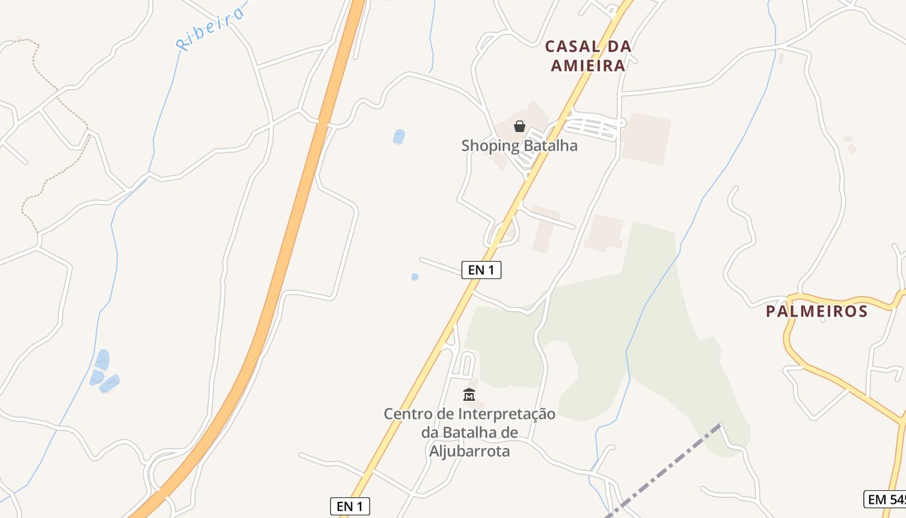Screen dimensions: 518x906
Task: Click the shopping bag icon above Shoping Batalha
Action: click(x=520, y=126)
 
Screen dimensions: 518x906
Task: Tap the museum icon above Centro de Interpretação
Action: click(x=469, y=394)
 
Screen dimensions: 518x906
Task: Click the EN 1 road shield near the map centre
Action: click(x=481, y=270)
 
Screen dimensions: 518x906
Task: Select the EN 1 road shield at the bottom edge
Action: click(x=349, y=506)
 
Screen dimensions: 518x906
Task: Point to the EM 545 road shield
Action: click(x=885, y=499)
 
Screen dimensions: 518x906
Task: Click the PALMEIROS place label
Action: click(x=817, y=311)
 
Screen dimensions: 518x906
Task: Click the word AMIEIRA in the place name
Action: click(x=588, y=65)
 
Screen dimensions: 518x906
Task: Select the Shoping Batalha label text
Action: click(x=519, y=146)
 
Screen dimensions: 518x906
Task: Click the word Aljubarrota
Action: click(x=469, y=451)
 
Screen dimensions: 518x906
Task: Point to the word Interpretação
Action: click(x=507, y=414)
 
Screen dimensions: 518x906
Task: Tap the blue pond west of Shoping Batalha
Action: click(x=399, y=137)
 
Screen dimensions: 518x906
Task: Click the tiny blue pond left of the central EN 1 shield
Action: click(x=415, y=276)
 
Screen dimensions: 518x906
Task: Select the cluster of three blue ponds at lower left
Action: click(x=104, y=372)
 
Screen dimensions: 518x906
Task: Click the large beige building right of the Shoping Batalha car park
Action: click(x=645, y=138)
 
